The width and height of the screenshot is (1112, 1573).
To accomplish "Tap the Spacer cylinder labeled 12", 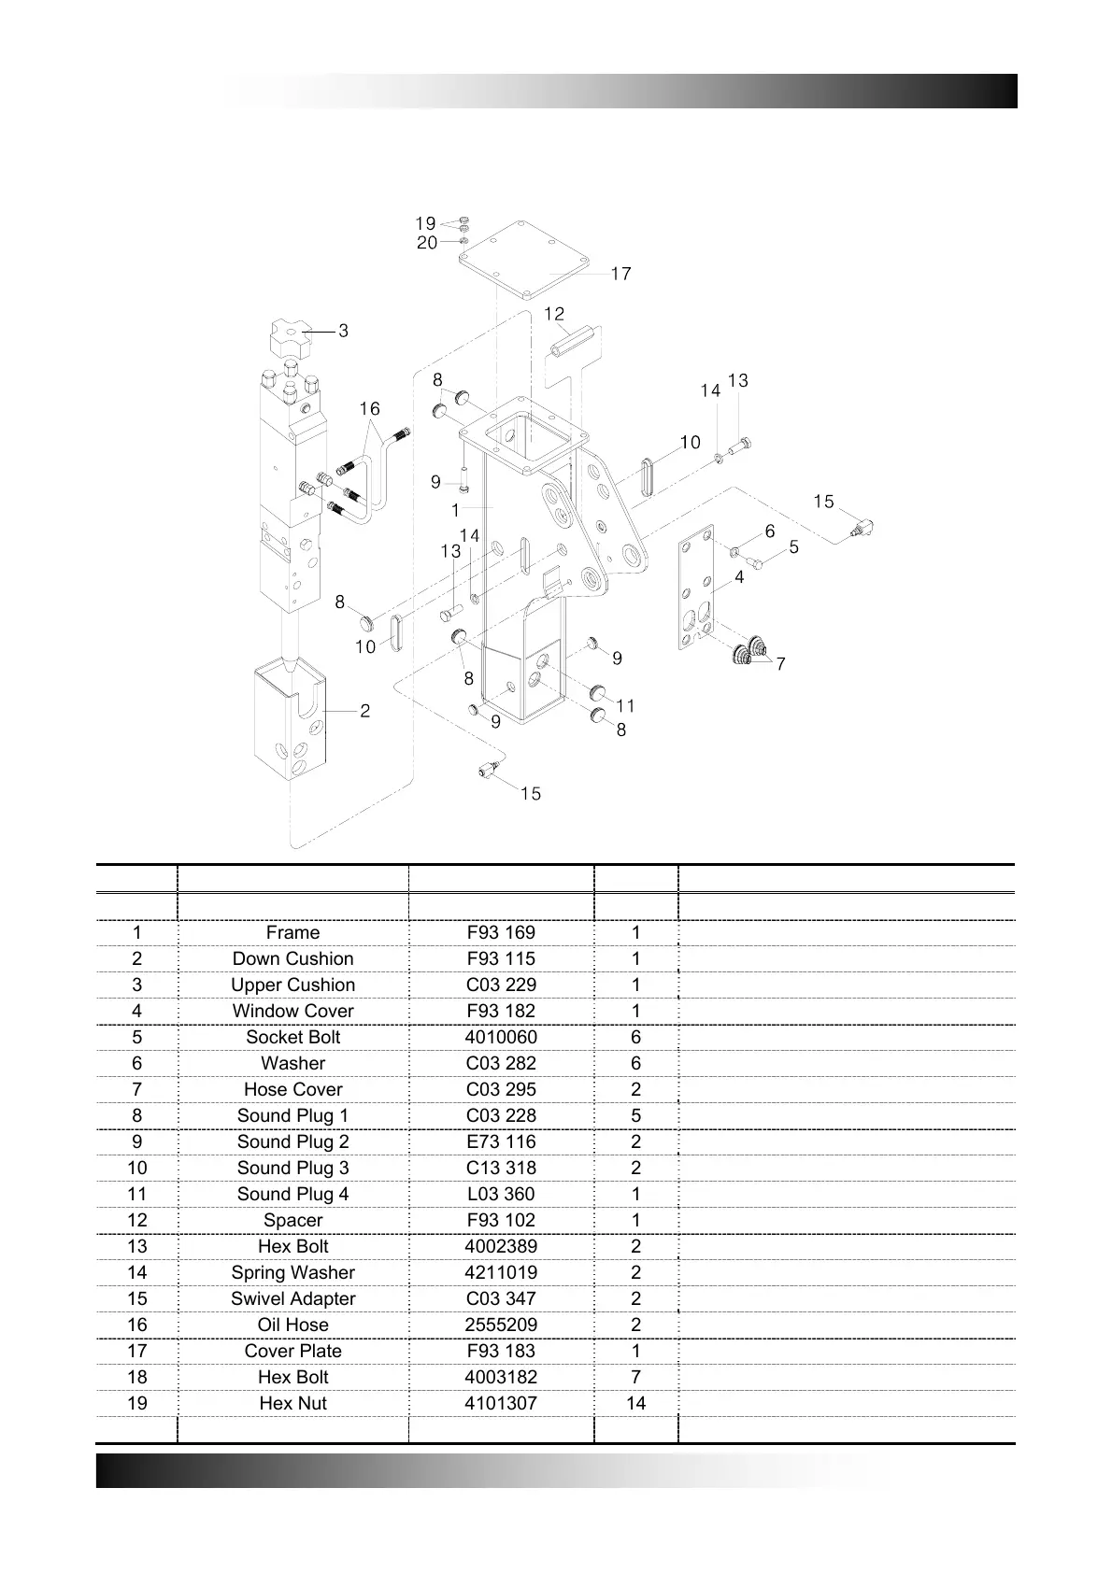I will pos(571,341).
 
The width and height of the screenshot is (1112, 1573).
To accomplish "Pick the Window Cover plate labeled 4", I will pos(695,588).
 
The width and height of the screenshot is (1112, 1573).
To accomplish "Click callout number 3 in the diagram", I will pos(343,331).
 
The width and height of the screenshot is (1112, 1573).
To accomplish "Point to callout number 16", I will pos(370,409).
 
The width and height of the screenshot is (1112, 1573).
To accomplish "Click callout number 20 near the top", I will pos(426,243).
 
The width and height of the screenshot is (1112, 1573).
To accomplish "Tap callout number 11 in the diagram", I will pos(625,705).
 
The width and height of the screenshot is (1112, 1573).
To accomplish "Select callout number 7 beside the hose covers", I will pos(780,664).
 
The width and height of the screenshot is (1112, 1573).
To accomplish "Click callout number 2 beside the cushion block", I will pos(364,711).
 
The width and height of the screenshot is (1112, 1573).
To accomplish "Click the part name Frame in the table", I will pos(292,932).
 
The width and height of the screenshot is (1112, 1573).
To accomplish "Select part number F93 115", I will pos(501,958).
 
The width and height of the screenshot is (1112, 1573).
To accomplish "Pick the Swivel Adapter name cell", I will pos(292,1298).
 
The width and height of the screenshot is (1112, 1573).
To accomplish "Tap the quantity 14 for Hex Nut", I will pos(635,1403).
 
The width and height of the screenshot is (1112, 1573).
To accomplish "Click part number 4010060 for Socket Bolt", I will pos(501,1037).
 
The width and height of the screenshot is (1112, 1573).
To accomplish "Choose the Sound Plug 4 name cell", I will pos(292,1194).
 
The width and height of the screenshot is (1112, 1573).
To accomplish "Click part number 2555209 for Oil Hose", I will pos(501,1325).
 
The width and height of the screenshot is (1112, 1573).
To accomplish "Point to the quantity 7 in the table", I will pos(635,1377).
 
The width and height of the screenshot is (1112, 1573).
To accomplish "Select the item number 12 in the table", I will pos(136,1220).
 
